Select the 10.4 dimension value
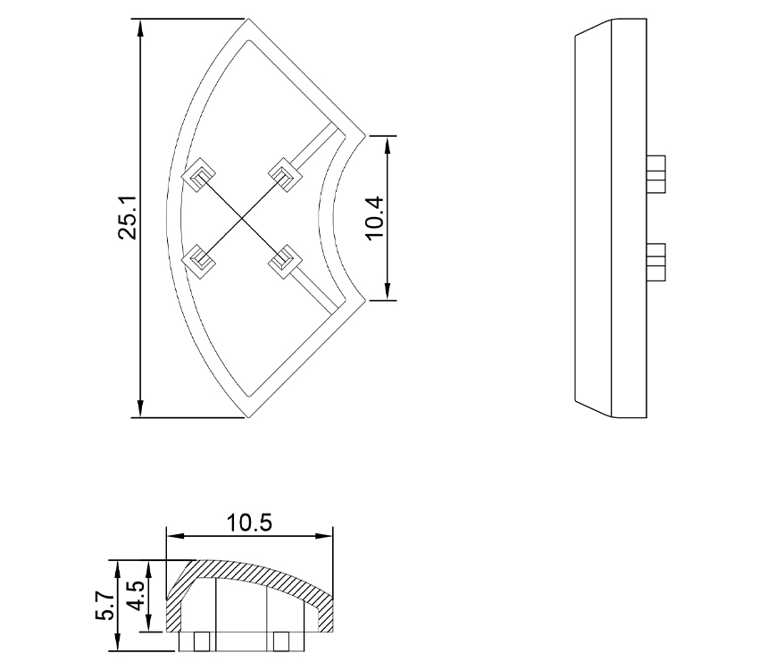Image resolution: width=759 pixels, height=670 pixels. (374, 218)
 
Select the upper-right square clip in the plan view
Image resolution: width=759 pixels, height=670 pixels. (284, 173)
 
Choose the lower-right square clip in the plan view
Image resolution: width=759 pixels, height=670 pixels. (284, 261)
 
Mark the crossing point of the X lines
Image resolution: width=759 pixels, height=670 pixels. (241, 217)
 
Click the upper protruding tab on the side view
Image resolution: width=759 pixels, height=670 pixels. (656, 173)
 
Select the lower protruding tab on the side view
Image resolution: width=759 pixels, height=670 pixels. (656, 261)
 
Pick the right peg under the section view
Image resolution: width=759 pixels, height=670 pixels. (285, 641)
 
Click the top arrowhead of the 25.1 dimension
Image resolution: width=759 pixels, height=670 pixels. (140, 26)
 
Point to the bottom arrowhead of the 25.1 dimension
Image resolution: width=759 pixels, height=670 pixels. (140, 409)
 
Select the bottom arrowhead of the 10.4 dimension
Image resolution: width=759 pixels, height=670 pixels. (387, 292)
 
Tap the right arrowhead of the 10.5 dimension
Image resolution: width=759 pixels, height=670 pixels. (327, 537)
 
